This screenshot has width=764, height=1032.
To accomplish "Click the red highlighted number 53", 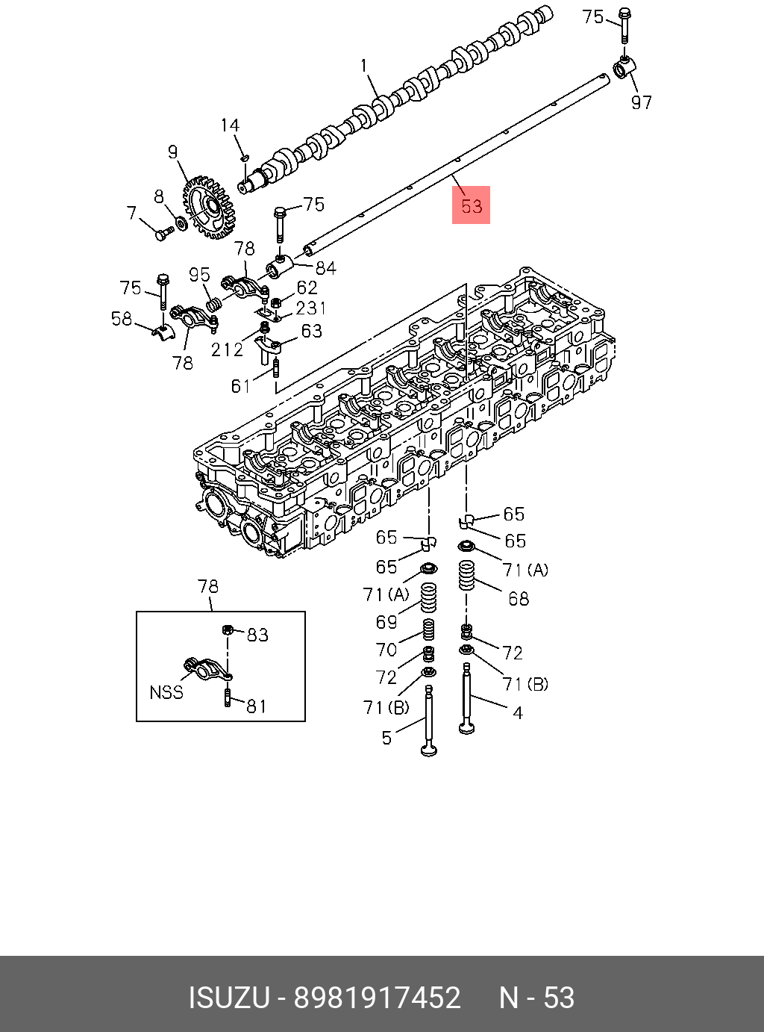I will pyautogui.click(x=471, y=205).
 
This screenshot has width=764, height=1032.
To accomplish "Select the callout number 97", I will pyautogui.click(x=642, y=102).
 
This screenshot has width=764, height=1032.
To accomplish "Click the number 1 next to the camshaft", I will pyautogui.click(x=364, y=66).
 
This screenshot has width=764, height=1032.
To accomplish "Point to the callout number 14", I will pyautogui.click(x=230, y=125).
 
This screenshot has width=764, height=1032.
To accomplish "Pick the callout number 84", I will pyautogui.click(x=325, y=267).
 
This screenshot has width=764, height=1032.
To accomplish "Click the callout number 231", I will pyautogui.click(x=311, y=307).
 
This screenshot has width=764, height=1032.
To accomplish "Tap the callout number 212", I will pyautogui.click(x=227, y=349).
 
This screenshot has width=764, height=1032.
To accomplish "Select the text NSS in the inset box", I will pyautogui.click(x=166, y=692).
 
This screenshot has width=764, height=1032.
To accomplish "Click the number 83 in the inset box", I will pyautogui.click(x=257, y=635).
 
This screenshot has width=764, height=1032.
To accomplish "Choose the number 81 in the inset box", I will pyautogui.click(x=256, y=706).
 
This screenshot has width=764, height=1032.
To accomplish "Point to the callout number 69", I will pyautogui.click(x=386, y=621).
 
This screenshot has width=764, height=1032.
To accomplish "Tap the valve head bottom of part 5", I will pyautogui.click(x=429, y=749).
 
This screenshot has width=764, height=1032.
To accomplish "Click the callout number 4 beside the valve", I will pyautogui.click(x=518, y=712).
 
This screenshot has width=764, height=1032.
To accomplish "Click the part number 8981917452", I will pyautogui.click(x=377, y=998).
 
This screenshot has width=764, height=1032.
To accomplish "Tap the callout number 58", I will pyautogui.click(x=122, y=319).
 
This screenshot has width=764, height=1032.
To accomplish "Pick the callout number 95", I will pyautogui.click(x=199, y=275).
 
